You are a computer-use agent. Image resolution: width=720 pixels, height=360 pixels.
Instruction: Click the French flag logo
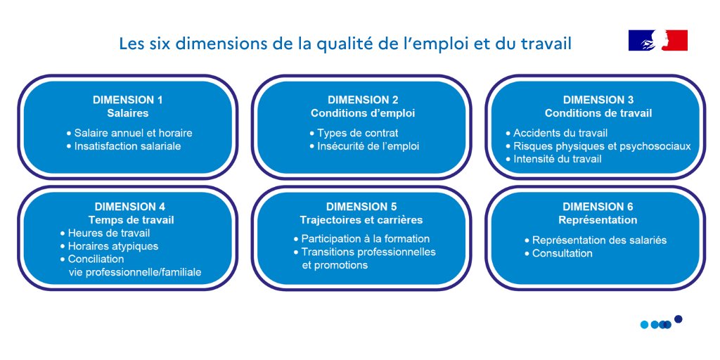tap(657, 41)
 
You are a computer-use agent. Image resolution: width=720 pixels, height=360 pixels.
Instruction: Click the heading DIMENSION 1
tap(127, 100)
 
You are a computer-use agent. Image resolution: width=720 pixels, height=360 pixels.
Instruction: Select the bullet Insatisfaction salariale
tap(127, 146)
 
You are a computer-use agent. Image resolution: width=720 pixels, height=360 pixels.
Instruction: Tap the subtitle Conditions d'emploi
tap(363, 112)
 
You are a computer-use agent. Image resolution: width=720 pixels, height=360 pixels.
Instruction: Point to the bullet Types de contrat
tap(357, 133)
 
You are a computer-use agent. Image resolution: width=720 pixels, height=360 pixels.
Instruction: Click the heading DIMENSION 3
tap(598, 100)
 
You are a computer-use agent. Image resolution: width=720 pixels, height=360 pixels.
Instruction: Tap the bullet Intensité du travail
tap(557, 159)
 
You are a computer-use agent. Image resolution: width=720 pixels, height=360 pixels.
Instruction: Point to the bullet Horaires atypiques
tap(112, 246)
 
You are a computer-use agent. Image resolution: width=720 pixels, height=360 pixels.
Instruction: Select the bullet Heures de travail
tap(108, 233)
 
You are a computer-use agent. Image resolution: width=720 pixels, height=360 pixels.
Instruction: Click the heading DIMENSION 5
tap(361, 207)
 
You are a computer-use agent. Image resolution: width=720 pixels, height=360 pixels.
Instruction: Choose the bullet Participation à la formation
tap(365, 238)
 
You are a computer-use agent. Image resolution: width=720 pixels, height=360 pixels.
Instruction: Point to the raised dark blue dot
tap(679, 319)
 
